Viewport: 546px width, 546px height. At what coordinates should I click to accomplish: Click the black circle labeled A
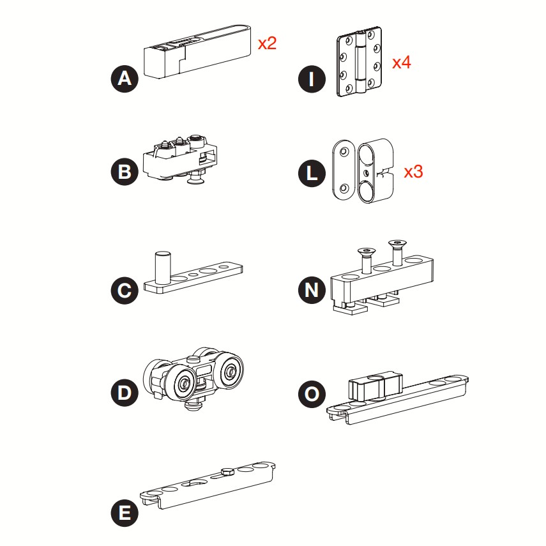pyautogui.click(x=125, y=79)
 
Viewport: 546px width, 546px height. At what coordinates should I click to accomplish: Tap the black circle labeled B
pyautogui.click(x=125, y=172)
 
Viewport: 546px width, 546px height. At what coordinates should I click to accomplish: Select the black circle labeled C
pyautogui.click(x=125, y=291)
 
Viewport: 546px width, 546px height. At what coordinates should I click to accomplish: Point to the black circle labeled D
pyautogui.click(x=125, y=393)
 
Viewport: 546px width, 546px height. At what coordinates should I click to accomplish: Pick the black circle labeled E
pyautogui.click(x=125, y=513)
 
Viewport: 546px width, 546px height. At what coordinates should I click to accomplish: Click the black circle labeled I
pyautogui.click(x=312, y=79)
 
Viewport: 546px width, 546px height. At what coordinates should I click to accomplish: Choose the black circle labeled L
pyautogui.click(x=312, y=173)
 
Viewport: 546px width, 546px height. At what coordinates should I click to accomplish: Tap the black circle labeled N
pyautogui.click(x=312, y=290)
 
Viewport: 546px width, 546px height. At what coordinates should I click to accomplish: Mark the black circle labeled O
pyautogui.click(x=312, y=394)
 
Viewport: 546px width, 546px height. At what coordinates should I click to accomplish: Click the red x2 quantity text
pyautogui.click(x=267, y=43)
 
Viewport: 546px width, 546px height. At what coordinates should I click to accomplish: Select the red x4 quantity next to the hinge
pyautogui.click(x=402, y=63)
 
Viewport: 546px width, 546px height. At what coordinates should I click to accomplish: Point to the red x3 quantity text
pyautogui.click(x=413, y=172)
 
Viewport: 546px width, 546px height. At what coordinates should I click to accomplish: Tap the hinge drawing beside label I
pyautogui.click(x=360, y=61)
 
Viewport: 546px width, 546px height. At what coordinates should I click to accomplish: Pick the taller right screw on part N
pyautogui.click(x=398, y=252)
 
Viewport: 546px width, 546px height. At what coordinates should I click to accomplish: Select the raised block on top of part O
pyautogui.click(x=375, y=386)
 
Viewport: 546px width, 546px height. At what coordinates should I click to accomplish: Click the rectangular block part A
pyautogui.click(x=197, y=52)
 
